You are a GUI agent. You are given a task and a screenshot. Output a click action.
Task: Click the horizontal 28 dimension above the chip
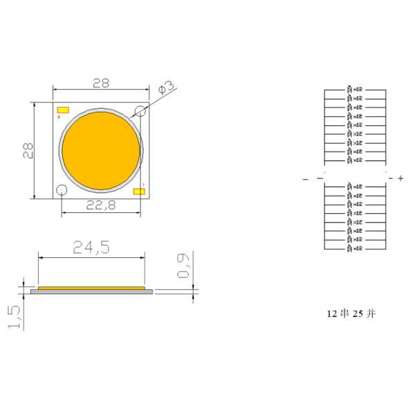(101, 84)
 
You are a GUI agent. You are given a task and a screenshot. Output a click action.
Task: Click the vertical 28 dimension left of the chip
(27, 151)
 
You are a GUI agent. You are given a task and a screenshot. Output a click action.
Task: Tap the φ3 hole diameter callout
(166, 88)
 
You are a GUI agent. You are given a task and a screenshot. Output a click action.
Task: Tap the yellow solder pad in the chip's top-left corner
(64, 110)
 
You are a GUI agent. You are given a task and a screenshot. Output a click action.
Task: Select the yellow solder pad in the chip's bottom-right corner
(139, 191)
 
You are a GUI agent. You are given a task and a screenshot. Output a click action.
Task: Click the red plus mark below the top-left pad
(59, 118)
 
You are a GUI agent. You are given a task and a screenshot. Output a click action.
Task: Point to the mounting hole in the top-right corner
(140, 111)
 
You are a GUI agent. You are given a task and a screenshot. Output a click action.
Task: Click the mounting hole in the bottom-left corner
(62, 190)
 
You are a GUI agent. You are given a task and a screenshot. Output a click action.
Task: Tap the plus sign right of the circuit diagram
(400, 178)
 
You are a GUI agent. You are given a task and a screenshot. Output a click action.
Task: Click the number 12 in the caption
(331, 313)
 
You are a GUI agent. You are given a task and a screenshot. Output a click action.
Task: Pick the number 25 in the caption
(358, 313)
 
